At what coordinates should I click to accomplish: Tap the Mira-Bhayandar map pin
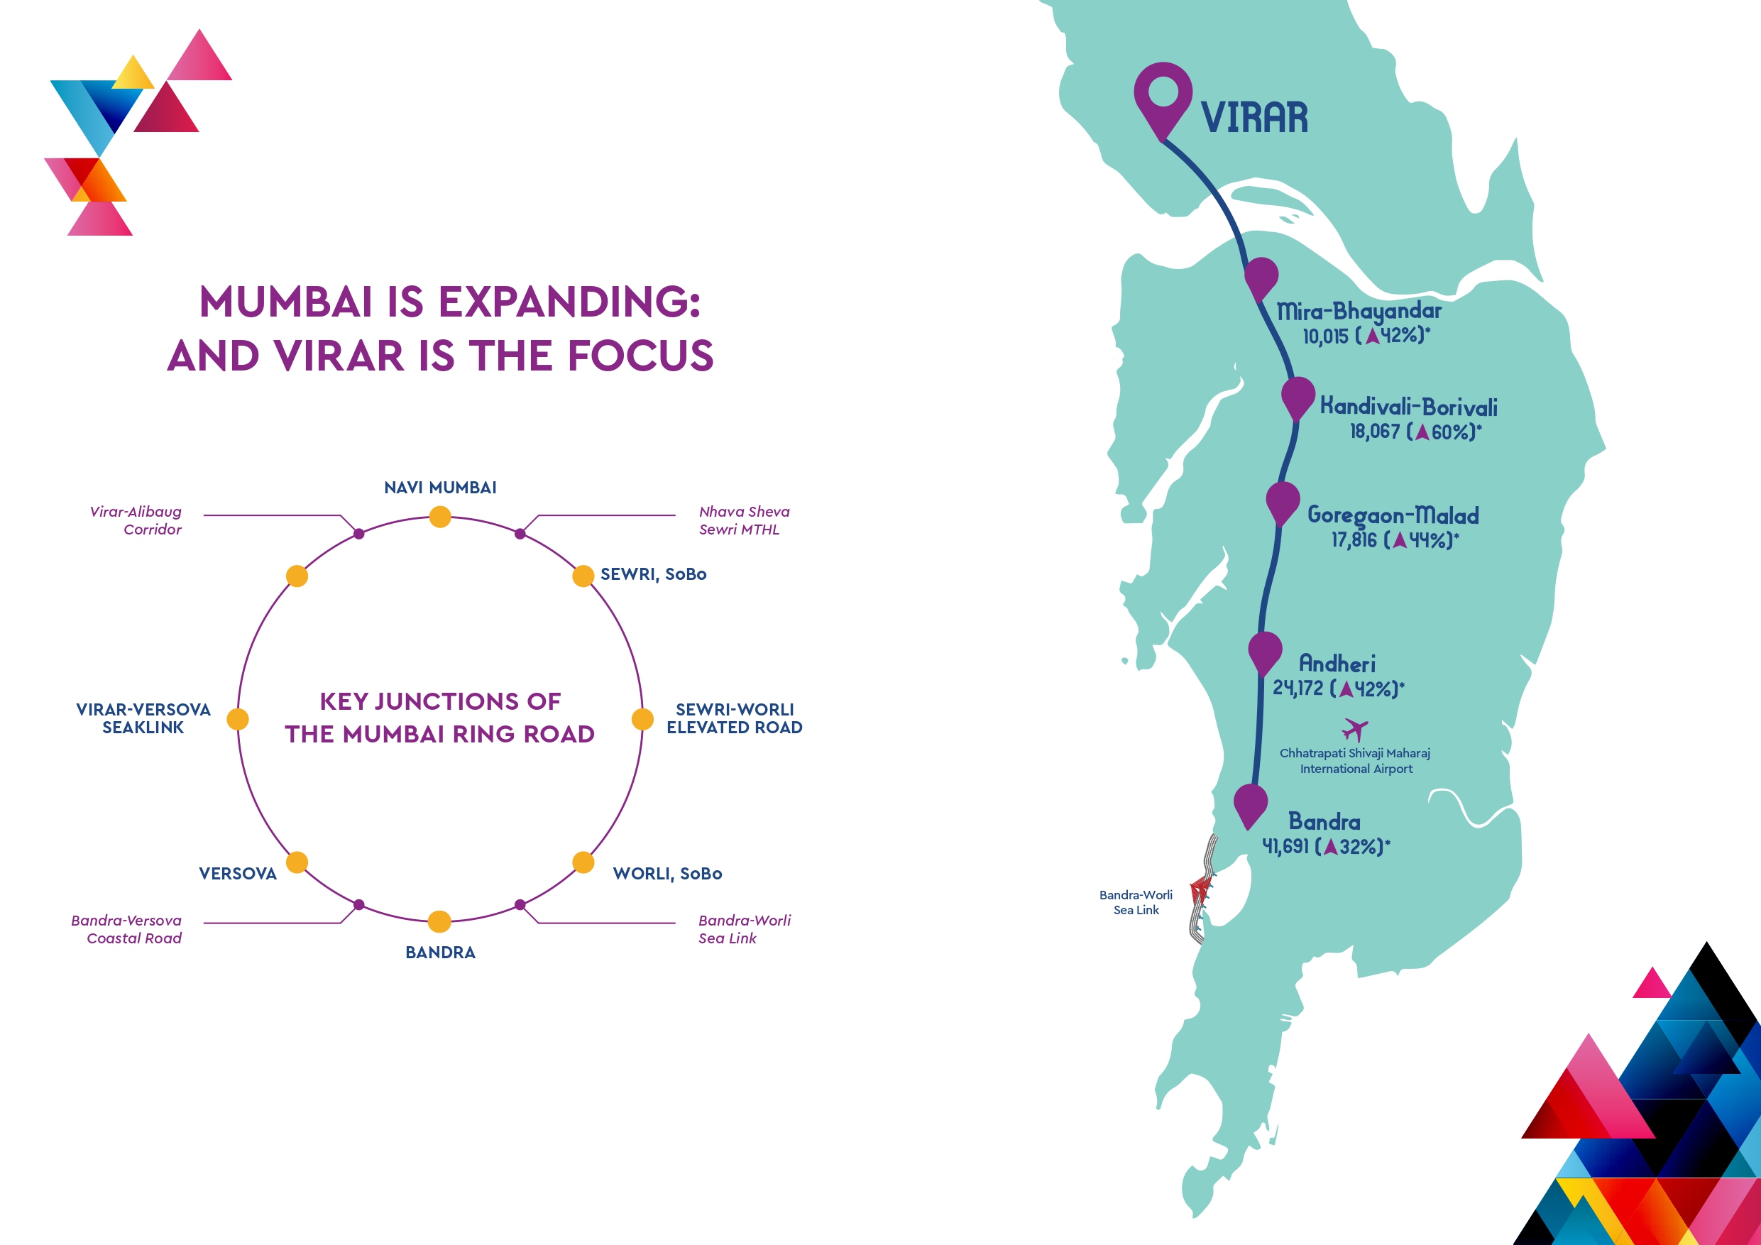click(1261, 278)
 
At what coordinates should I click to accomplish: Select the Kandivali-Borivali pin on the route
click(1298, 397)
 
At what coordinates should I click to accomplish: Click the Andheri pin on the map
click(1265, 652)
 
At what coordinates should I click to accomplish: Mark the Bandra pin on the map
click(1250, 805)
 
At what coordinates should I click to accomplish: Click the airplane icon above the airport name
click(1355, 729)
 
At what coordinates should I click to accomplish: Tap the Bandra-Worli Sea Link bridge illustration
click(1201, 890)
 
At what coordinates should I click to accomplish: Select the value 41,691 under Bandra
click(1285, 846)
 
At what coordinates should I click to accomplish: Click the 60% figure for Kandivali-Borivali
click(1453, 432)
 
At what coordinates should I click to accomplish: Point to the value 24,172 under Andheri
click(1298, 688)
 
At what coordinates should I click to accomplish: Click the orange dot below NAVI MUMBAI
click(440, 517)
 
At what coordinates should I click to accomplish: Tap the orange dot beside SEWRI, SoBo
click(583, 576)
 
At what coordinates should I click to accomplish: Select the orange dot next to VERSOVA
click(297, 862)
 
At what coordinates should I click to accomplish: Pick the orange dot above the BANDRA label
click(439, 921)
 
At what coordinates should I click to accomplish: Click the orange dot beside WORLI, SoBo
click(583, 862)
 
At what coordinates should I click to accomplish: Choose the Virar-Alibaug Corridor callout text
click(136, 520)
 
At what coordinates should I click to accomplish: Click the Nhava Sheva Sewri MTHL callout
click(743, 520)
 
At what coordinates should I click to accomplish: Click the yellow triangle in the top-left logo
click(133, 74)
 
